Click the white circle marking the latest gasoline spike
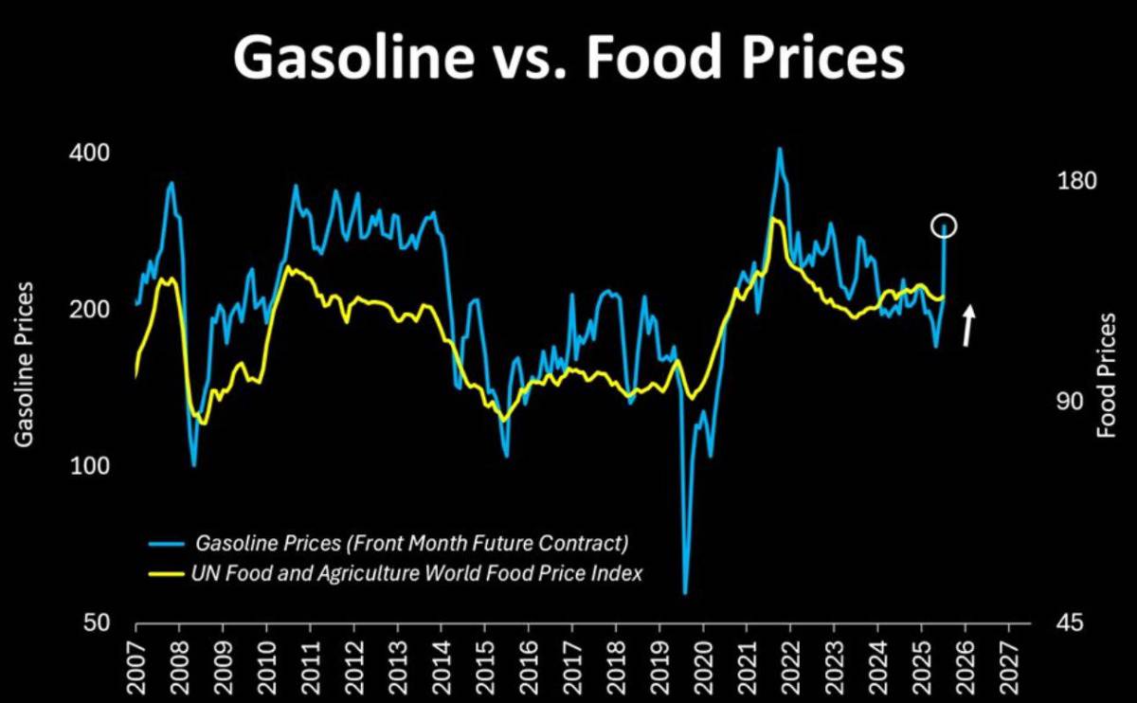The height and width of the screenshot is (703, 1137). pos(944,225)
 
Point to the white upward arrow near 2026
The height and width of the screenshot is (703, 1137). pos(968,325)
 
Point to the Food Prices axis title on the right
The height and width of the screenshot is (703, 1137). pos(1106,374)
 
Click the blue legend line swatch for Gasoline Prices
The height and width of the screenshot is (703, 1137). pos(168,544)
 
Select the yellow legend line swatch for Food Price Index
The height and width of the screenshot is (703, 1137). pos(168,573)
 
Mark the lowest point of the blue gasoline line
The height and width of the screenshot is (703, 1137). pos(685,593)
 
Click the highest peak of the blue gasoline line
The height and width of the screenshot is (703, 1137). pos(779,148)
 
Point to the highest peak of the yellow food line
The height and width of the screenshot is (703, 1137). pos(775,219)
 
